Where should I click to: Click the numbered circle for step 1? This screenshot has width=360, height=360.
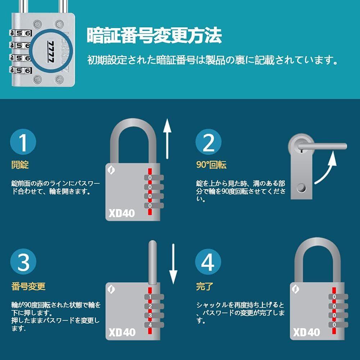coord(23,142)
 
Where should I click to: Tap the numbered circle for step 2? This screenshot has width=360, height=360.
coord(209,142)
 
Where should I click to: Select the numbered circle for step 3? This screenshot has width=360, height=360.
coord(23,261)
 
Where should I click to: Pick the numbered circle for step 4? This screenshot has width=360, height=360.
coord(208,261)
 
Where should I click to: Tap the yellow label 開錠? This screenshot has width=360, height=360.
coord(20,165)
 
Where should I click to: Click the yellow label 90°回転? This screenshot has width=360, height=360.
coord(211,165)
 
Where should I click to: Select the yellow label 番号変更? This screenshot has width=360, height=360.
coord(28,286)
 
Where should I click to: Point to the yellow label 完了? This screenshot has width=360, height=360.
coord(205,286)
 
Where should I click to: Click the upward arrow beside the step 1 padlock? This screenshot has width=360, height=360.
coord(167,139)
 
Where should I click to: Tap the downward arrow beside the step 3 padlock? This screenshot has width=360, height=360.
coord(173,264)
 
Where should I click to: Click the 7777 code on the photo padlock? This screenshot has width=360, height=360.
coord(51,52)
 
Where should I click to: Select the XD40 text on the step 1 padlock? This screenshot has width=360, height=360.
coord(122,213)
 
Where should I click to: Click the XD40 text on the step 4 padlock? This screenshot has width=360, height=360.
coord(306,332)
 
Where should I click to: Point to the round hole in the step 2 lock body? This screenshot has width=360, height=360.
coord(301,188)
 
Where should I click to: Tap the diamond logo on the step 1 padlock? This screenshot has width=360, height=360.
coord(111,170)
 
